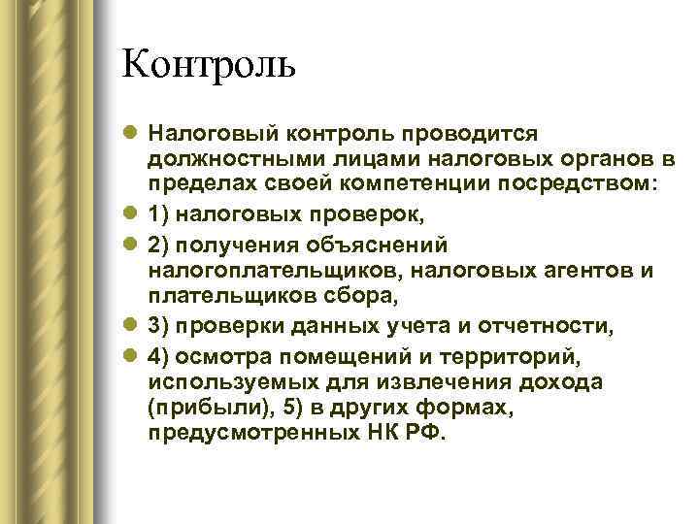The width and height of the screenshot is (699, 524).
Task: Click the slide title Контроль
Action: click(x=208, y=66)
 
